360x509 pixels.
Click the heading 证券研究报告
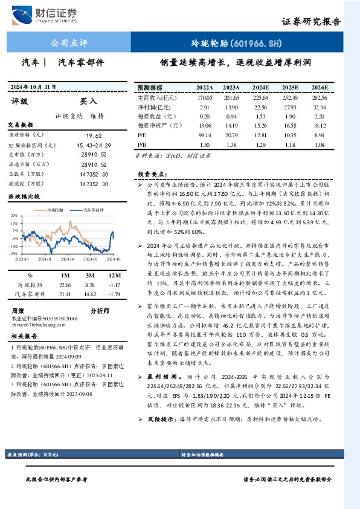pos(312,22)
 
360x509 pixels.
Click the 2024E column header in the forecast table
pos(261,87)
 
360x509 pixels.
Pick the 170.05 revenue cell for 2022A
pos(205,97)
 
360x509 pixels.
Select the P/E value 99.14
pos(205,135)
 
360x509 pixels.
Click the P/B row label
pos(143,145)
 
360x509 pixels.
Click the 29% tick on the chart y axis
pos(14,215)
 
